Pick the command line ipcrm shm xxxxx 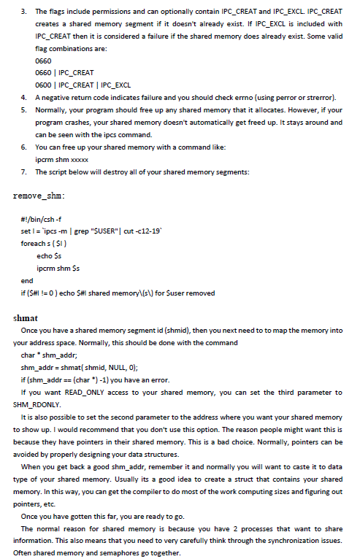coord(61,159)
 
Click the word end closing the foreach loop coord(27,280)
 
